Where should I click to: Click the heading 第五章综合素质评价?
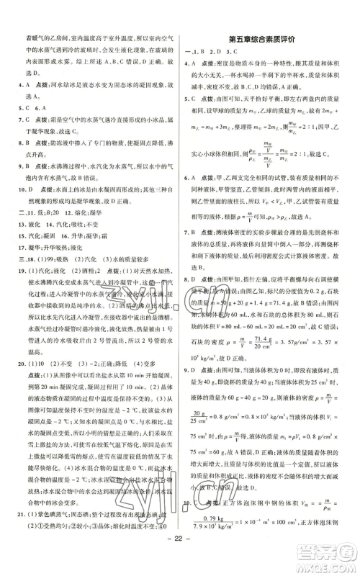[260, 38]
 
